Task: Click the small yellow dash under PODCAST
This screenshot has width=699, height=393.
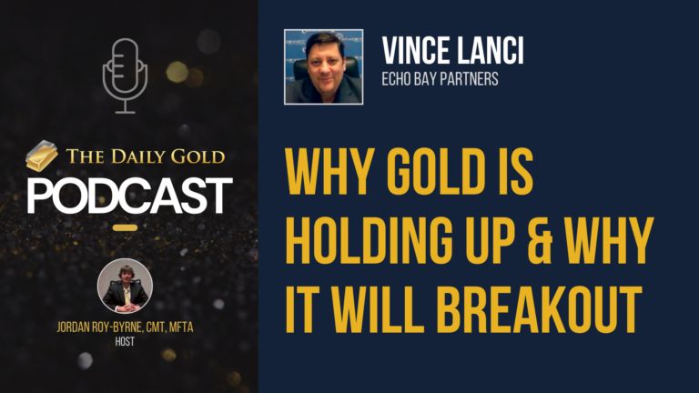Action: [x=126, y=227]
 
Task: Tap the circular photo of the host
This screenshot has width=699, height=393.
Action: [x=125, y=287]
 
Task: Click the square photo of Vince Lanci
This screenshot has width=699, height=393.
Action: [x=324, y=66]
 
